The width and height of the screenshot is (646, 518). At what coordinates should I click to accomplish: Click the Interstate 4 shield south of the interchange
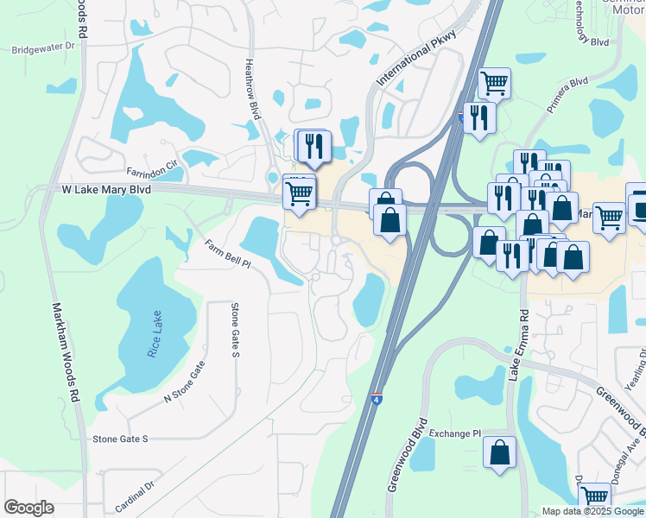[x=377, y=399]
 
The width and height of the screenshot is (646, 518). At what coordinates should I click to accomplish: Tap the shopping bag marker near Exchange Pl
[x=499, y=452]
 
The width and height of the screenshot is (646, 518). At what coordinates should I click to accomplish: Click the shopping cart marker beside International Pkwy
[x=494, y=84]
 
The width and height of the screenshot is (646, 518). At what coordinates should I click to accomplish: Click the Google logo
[x=28, y=508]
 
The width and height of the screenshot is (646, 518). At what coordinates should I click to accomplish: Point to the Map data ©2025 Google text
[x=592, y=511]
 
